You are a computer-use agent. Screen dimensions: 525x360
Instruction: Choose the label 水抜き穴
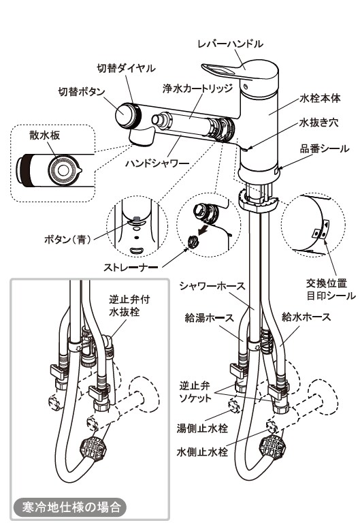point(319,123)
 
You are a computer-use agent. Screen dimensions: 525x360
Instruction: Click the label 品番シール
point(325,148)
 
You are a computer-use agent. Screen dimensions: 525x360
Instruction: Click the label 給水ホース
point(306,317)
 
